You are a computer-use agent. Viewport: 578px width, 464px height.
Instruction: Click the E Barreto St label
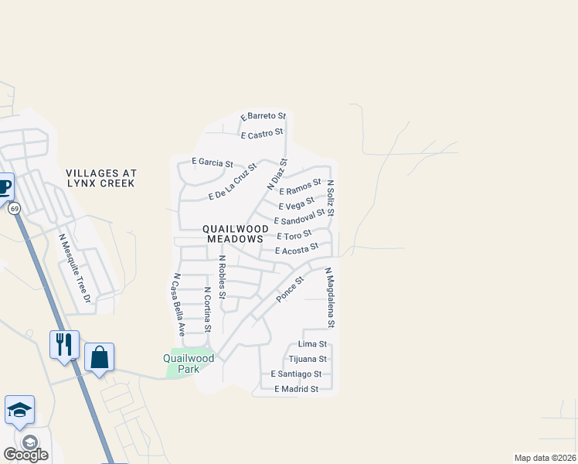coord(263,117)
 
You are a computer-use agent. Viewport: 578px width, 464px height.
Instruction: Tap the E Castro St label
coord(262,135)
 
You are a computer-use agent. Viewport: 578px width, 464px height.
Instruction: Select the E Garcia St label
coord(212,163)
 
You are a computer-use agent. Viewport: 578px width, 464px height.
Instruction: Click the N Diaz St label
coord(277,175)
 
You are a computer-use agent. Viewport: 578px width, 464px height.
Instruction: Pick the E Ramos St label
coord(300,186)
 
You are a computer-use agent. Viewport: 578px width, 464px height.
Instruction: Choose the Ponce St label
coord(291,288)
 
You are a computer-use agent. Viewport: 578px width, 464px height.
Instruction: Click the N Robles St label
coord(222,277)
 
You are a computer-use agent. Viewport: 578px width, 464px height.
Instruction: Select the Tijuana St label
coord(308,359)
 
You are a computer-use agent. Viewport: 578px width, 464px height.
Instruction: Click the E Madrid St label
coord(296,389)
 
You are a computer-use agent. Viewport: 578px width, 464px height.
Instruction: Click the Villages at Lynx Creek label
coord(100,178)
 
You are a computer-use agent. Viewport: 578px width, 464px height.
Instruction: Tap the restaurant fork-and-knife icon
coord(64,343)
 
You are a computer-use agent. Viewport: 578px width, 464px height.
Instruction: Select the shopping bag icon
coord(99,357)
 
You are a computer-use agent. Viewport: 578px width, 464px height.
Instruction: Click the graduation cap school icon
coord(19,410)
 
